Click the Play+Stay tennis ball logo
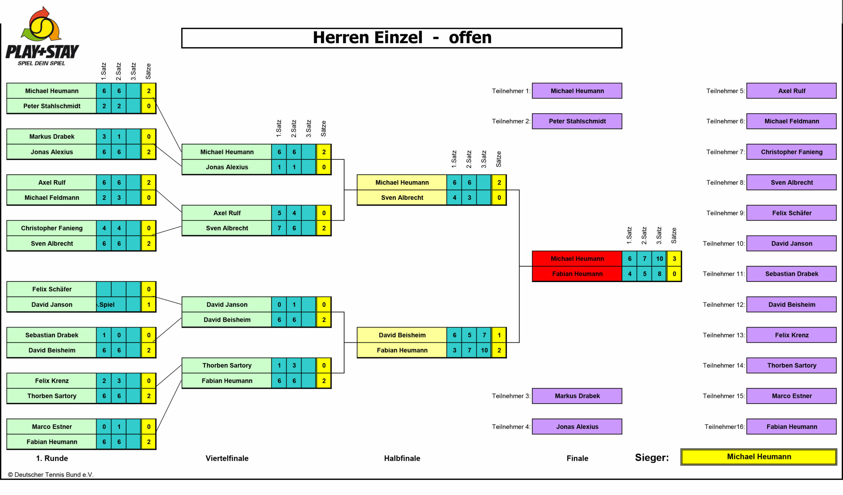[x=41, y=25]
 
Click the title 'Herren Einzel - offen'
[x=402, y=38]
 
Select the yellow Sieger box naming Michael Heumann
[x=759, y=457]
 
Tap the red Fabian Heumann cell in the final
[x=577, y=274]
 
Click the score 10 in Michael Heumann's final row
[x=659, y=259]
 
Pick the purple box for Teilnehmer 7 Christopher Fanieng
[x=792, y=152]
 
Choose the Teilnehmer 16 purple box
[x=792, y=427]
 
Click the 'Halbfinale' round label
[x=402, y=458]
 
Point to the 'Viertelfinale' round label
[x=227, y=458]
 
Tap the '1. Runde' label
[x=52, y=458]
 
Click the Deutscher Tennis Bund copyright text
[x=50, y=475]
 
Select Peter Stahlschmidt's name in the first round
[x=52, y=106]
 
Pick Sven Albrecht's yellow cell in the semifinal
[x=402, y=198]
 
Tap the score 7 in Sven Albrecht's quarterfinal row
[x=279, y=228]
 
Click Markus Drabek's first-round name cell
[x=52, y=137]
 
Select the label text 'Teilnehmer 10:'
[x=723, y=244]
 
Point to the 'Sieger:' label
[x=652, y=457]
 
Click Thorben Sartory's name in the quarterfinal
[x=227, y=365]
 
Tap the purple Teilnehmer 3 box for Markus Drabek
[x=577, y=396]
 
